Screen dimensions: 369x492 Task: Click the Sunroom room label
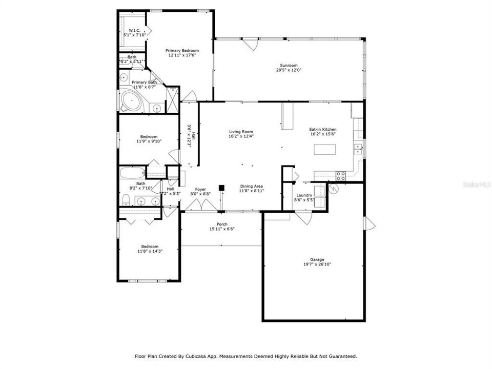click(289, 65)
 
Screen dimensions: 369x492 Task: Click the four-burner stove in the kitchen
click(340, 176)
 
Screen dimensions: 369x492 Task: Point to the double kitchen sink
click(358, 149)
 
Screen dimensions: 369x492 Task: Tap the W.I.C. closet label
click(135, 30)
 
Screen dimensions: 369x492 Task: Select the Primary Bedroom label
click(182, 51)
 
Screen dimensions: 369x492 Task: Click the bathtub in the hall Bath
click(133, 172)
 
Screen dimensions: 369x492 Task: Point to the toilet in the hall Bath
click(126, 200)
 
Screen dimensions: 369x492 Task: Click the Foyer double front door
click(200, 206)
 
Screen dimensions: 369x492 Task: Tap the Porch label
click(222, 224)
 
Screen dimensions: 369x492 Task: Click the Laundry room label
click(304, 195)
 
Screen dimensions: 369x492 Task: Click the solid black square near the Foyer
click(222, 188)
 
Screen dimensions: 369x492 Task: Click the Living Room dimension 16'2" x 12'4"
click(241, 136)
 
